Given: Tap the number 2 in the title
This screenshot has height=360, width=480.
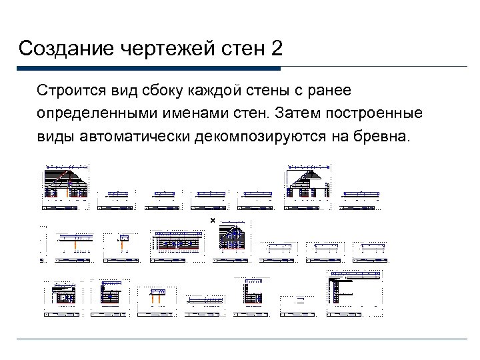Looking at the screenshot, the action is pos(275,49).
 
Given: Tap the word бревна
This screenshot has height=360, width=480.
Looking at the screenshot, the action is pos(385,137).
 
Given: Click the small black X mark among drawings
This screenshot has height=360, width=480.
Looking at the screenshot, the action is pos(213,221).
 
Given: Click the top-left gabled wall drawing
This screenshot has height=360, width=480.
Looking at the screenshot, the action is pos(66,183).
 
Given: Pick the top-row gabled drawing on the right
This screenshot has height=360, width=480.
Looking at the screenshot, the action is pos(308,183).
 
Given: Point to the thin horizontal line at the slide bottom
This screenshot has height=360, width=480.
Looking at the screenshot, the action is pos(240,339).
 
